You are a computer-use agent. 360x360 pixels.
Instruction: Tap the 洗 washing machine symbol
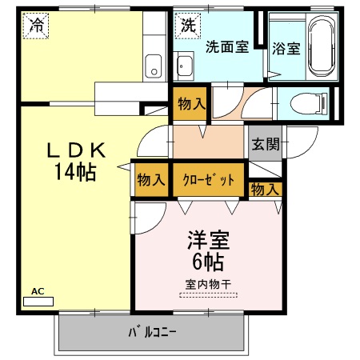187,24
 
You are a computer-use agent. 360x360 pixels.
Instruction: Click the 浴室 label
286,47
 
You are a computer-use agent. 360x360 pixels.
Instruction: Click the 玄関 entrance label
266,145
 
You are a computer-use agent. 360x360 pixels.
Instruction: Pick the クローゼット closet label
208,180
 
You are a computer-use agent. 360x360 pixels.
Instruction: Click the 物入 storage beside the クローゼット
150,180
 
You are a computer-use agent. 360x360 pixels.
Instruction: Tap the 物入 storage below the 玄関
266,190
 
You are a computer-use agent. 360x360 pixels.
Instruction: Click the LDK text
77,149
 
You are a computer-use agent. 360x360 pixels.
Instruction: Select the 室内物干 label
208,283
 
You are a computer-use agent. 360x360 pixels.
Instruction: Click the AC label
36,291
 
